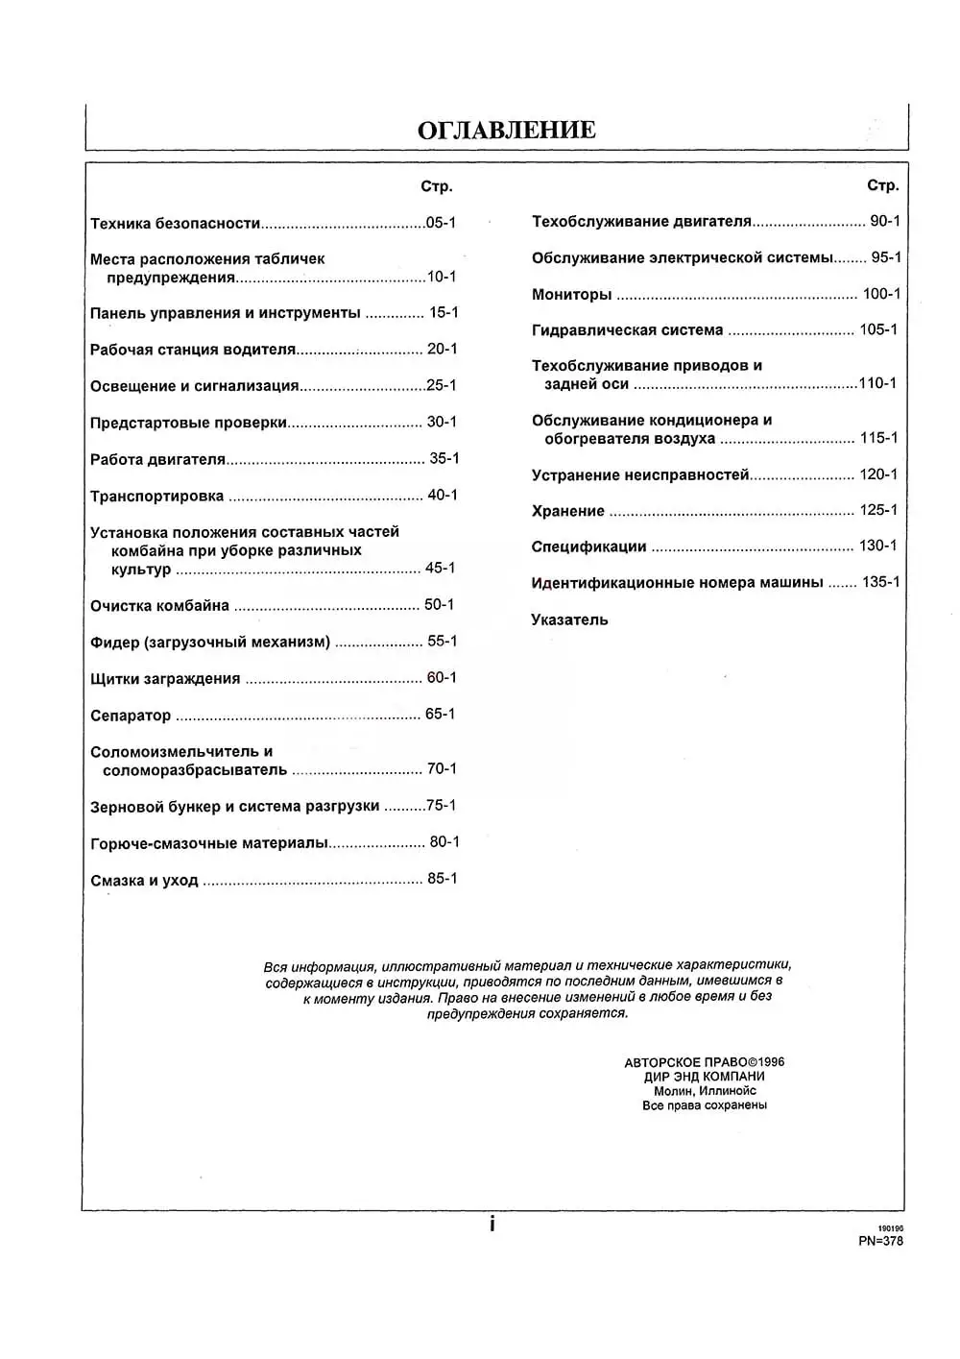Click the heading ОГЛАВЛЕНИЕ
[x=506, y=131]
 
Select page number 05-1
[x=441, y=223]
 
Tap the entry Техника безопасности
[x=176, y=224]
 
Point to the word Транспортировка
[x=156, y=497]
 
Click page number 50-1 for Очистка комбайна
[x=440, y=605]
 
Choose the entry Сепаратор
[x=131, y=716]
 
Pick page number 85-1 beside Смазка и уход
[x=442, y=879]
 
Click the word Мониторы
[x=571, y=295]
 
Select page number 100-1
[x=881, y=294]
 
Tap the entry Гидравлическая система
[x=627, y=330]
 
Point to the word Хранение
[x=567, y=511]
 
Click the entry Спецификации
[x=588, y=547]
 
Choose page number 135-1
[x=880, y=582]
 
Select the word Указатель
[x=569, y=620]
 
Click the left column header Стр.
[x=436, y=186]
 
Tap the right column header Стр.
[x=882, y=185]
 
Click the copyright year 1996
[x=771, y=1062]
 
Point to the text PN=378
[x=880, y=1241]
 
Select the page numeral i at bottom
[x=492, y=1225]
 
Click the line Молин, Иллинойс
[x=705, y=1091]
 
